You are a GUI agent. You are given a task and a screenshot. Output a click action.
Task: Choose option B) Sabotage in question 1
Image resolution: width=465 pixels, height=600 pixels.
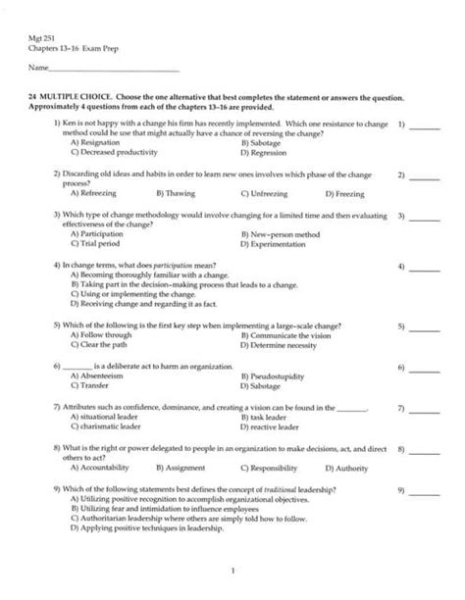pos(261,143)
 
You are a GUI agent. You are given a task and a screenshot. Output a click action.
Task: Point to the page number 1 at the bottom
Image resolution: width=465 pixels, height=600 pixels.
pos(233,571)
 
